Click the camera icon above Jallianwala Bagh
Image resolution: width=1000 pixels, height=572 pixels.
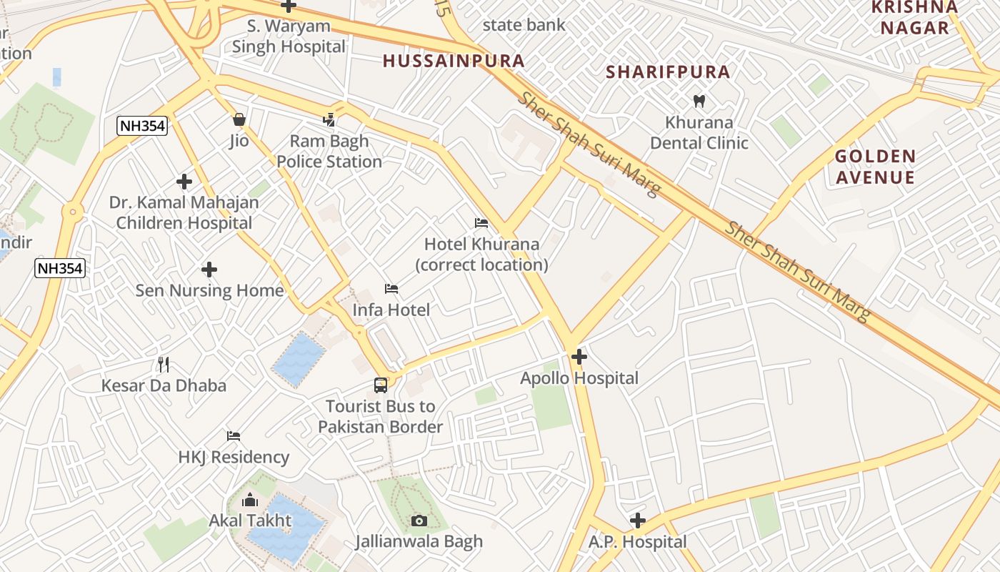point(419,521)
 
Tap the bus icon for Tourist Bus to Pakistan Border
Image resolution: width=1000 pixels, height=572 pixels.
point(381,385)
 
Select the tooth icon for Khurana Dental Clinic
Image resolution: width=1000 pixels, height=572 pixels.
point(699,102)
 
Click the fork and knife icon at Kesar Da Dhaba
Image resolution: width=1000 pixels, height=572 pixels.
point(164,365)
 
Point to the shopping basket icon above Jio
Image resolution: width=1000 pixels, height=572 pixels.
point(239,119)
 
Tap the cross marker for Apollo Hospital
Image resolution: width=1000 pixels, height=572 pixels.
point(579,356)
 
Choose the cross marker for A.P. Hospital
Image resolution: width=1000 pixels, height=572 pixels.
point(638,521)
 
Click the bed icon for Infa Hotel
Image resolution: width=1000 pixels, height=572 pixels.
point(391,289)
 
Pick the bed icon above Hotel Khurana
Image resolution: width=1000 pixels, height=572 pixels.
point(481,223)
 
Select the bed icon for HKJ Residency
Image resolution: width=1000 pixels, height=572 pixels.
point(234,436)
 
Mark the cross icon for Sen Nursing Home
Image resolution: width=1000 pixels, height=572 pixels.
point(209,270)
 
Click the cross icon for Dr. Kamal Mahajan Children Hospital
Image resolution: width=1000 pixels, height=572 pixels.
point(184,182)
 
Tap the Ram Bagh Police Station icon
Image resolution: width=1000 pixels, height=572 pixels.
point(329,120)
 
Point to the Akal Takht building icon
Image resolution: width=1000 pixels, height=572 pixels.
point(250,500)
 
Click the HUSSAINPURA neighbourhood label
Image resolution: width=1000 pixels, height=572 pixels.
point(454,61)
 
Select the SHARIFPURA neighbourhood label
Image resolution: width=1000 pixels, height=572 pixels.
point(668,71)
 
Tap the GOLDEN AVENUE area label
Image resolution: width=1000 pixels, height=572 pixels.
point(875,167)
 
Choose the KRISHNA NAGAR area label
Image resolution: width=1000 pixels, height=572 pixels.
point(914,17)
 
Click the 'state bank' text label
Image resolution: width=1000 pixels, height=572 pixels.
point(524,25)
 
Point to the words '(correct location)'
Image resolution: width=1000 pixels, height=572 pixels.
point(481,265)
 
